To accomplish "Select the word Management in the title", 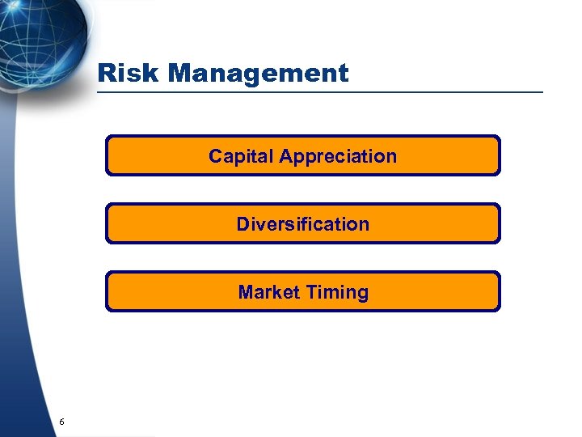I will pos(259,74).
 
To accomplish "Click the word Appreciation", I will pos(338,157).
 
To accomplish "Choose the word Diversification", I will pos(302,224).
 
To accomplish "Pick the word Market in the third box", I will pos(268,292).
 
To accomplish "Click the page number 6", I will pos(61,422).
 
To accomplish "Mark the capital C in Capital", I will pos(216,156).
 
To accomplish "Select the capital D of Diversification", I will pos(243,224).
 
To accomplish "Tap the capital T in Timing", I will pos(310,292).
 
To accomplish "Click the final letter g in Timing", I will pos(362,294).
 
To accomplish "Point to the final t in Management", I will pos(344,74).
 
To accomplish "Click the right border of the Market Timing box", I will pos(500,291).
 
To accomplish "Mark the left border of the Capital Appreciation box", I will pos(106,155).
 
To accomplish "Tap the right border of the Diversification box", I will pos(500,223).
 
